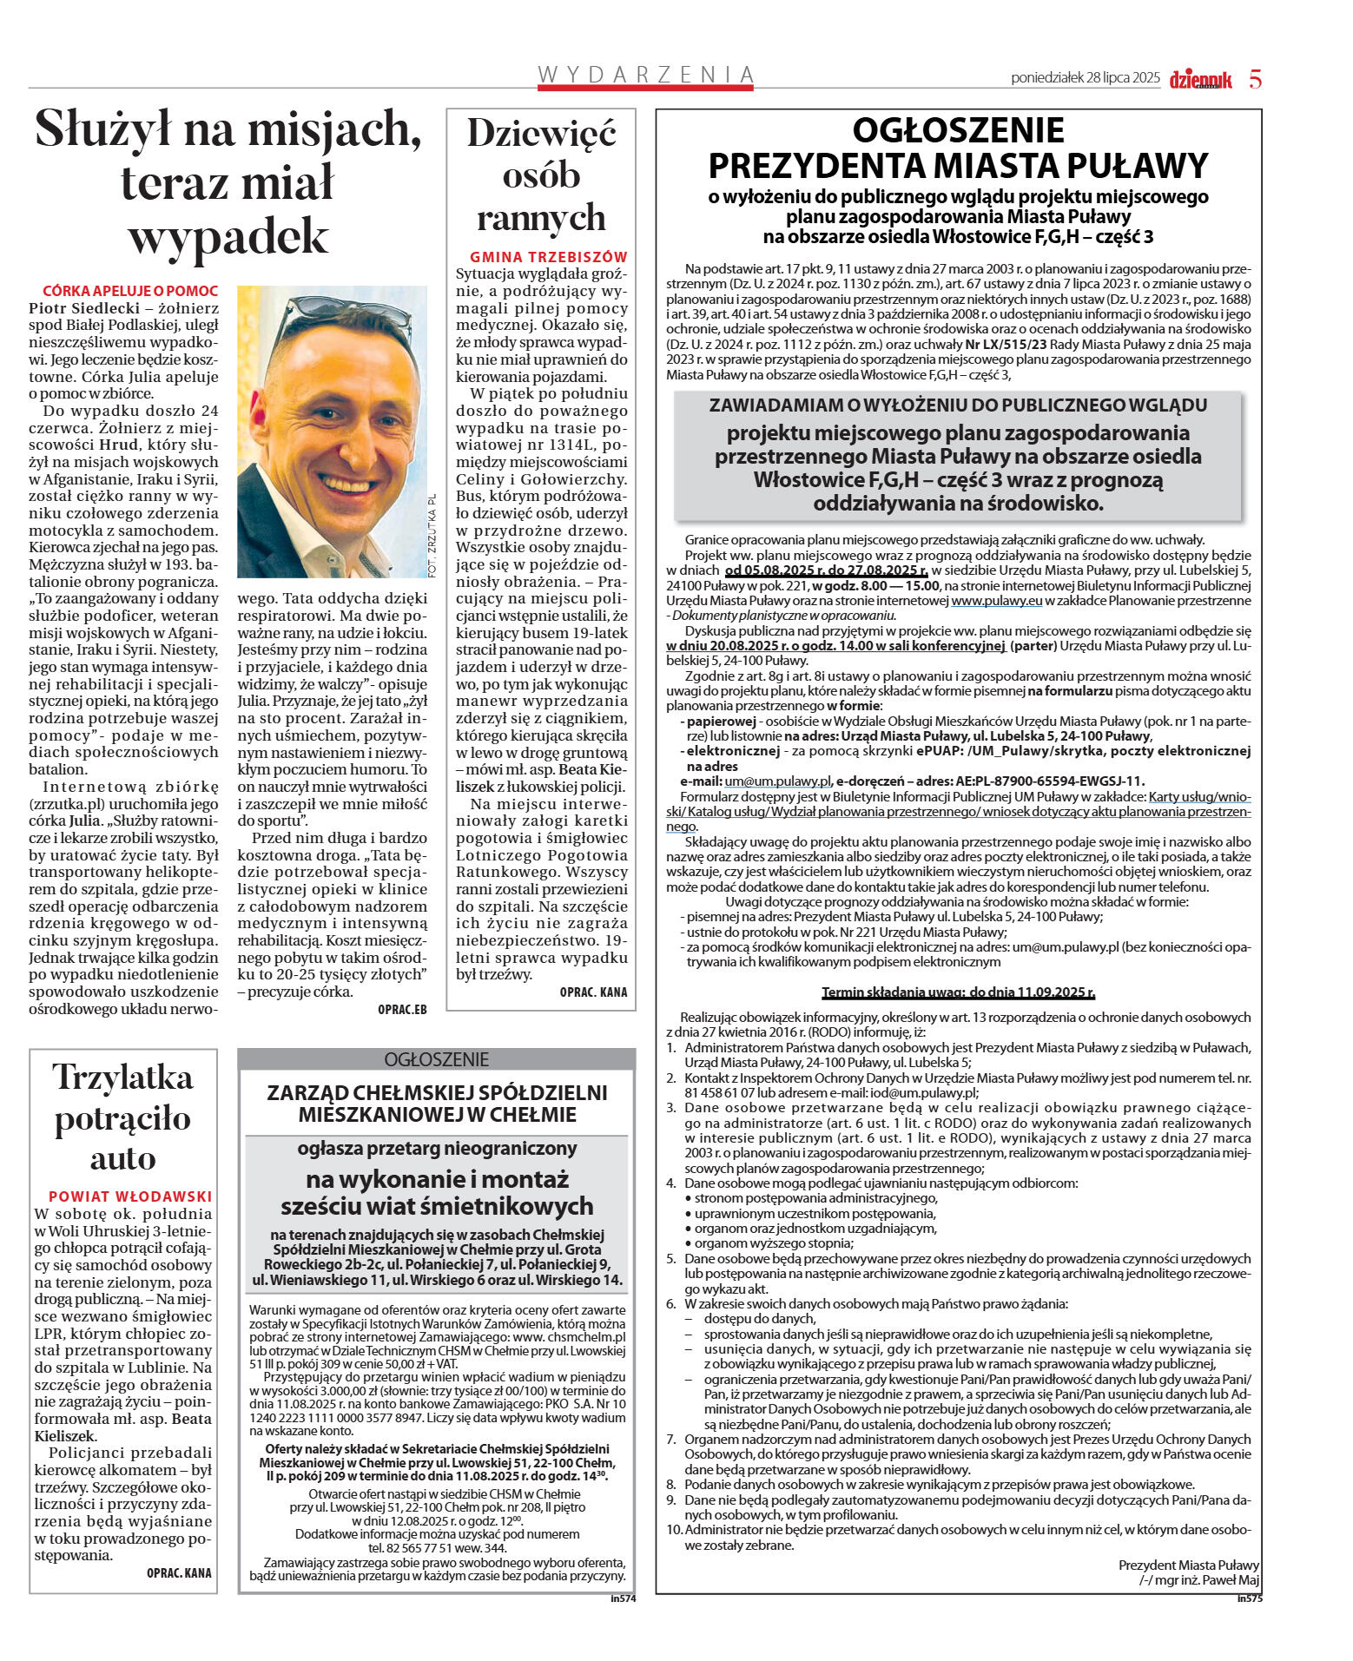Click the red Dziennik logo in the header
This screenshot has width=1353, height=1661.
coord(1200,79)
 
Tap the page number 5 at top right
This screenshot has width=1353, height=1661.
coord(1255,79)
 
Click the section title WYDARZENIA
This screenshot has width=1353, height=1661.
coord(645,76)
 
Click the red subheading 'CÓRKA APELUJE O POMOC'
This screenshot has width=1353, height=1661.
coord(130,291)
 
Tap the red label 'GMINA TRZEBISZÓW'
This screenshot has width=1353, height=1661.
coord(548,257)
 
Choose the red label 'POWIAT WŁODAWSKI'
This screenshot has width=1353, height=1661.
coord(130,1196)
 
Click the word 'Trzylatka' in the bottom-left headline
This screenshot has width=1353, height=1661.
coord(122,1078)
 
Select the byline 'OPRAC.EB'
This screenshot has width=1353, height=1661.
coord(402,1010)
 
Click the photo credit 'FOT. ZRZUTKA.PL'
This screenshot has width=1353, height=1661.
coord(432,535)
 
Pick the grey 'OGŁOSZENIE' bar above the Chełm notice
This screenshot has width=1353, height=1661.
coord(436,1059)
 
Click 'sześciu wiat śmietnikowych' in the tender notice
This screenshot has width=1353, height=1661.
coord(436,1206)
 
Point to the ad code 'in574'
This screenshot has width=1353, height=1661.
coord(623,1598)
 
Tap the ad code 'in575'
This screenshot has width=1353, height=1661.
coord(1250,1598)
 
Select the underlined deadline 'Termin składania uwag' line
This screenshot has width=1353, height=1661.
coord(958,992)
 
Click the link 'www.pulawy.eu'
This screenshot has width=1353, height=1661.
coord(996,601)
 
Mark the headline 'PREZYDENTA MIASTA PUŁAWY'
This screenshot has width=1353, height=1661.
coord(958,165)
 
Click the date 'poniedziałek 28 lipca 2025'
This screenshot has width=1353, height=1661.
coord(1085,78)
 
